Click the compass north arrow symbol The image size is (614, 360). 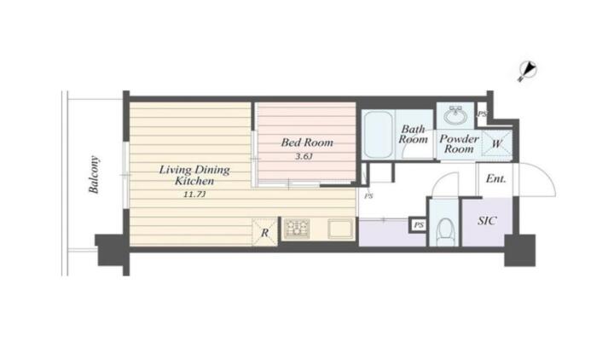528,71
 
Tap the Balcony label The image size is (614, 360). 94,175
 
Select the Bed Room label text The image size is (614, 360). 307,142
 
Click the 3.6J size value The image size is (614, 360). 304,157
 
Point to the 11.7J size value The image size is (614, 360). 194,195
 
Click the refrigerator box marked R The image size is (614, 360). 264,233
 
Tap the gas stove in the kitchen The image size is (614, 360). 298,229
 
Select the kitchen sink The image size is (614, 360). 340,229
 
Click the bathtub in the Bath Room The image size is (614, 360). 378,135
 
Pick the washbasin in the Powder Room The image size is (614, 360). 455,115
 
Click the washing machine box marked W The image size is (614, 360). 496,144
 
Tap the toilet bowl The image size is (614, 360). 445,232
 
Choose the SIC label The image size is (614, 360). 487,221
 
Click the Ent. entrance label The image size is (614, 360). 495,179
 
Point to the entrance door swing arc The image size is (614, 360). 545,173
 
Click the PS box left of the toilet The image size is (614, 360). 419,225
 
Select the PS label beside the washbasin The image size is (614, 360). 482,114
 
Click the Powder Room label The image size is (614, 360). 459,144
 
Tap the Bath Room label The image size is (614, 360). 413,134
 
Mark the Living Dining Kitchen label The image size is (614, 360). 194,175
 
